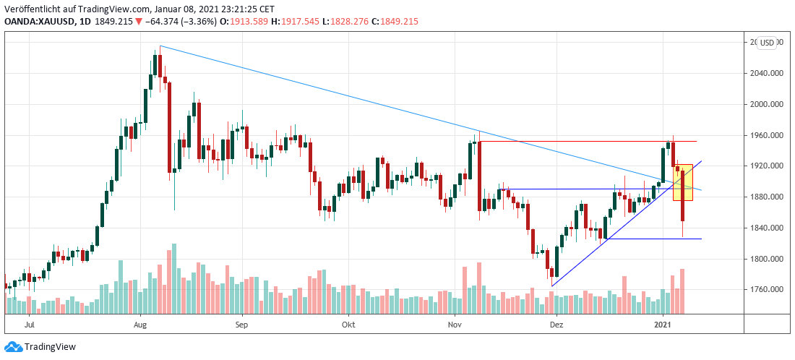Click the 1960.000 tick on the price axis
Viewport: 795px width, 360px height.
pos(767,135)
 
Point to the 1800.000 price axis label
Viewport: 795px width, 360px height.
pos(767,259)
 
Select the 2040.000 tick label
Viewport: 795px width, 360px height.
pos(767,73)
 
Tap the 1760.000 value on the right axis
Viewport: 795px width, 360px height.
pos(767,290)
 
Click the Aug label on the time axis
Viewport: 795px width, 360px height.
pos(141,325)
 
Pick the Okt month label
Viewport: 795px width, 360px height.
pos(348,325)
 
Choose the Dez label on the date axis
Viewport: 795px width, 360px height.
pos(556,325)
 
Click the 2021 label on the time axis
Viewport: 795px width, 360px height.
pos(663,325)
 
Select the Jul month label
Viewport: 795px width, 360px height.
pos(30,325)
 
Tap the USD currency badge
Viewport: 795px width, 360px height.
pos(767,43)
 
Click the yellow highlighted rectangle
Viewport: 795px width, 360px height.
pos(683,182)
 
